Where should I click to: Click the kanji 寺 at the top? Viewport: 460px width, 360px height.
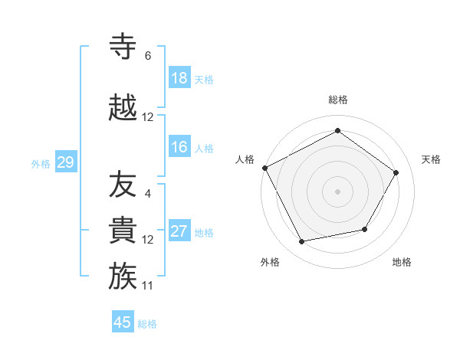click(123, 47)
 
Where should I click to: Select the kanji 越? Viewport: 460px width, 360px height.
click(123, 108)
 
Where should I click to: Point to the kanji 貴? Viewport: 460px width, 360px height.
click(123, 231)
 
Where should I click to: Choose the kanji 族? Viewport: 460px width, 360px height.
click(123, 277)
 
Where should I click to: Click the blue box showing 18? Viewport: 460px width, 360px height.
click(179, 77)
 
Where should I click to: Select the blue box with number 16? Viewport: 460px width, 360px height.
click(179, 147)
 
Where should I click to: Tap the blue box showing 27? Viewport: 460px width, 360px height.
click(179, 231)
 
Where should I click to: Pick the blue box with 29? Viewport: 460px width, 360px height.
click(65, 162)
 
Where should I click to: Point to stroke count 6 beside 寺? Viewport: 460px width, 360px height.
click(148, 56)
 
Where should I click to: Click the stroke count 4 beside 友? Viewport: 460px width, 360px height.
click(148, 194)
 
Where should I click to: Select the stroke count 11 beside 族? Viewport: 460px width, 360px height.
click(148, 286)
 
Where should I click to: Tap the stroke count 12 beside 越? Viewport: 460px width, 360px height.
click(148, 117)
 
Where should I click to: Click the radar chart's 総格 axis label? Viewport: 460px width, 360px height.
click(337, 100)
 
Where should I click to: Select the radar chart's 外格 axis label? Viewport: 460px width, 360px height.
click(270, 262)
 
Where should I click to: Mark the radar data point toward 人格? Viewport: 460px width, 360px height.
click(265, 168)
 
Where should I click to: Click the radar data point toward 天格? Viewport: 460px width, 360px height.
click(396, 172)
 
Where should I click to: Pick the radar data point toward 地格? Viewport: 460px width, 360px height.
click(365, 229)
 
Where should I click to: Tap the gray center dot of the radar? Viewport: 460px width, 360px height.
click(337, 191)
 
